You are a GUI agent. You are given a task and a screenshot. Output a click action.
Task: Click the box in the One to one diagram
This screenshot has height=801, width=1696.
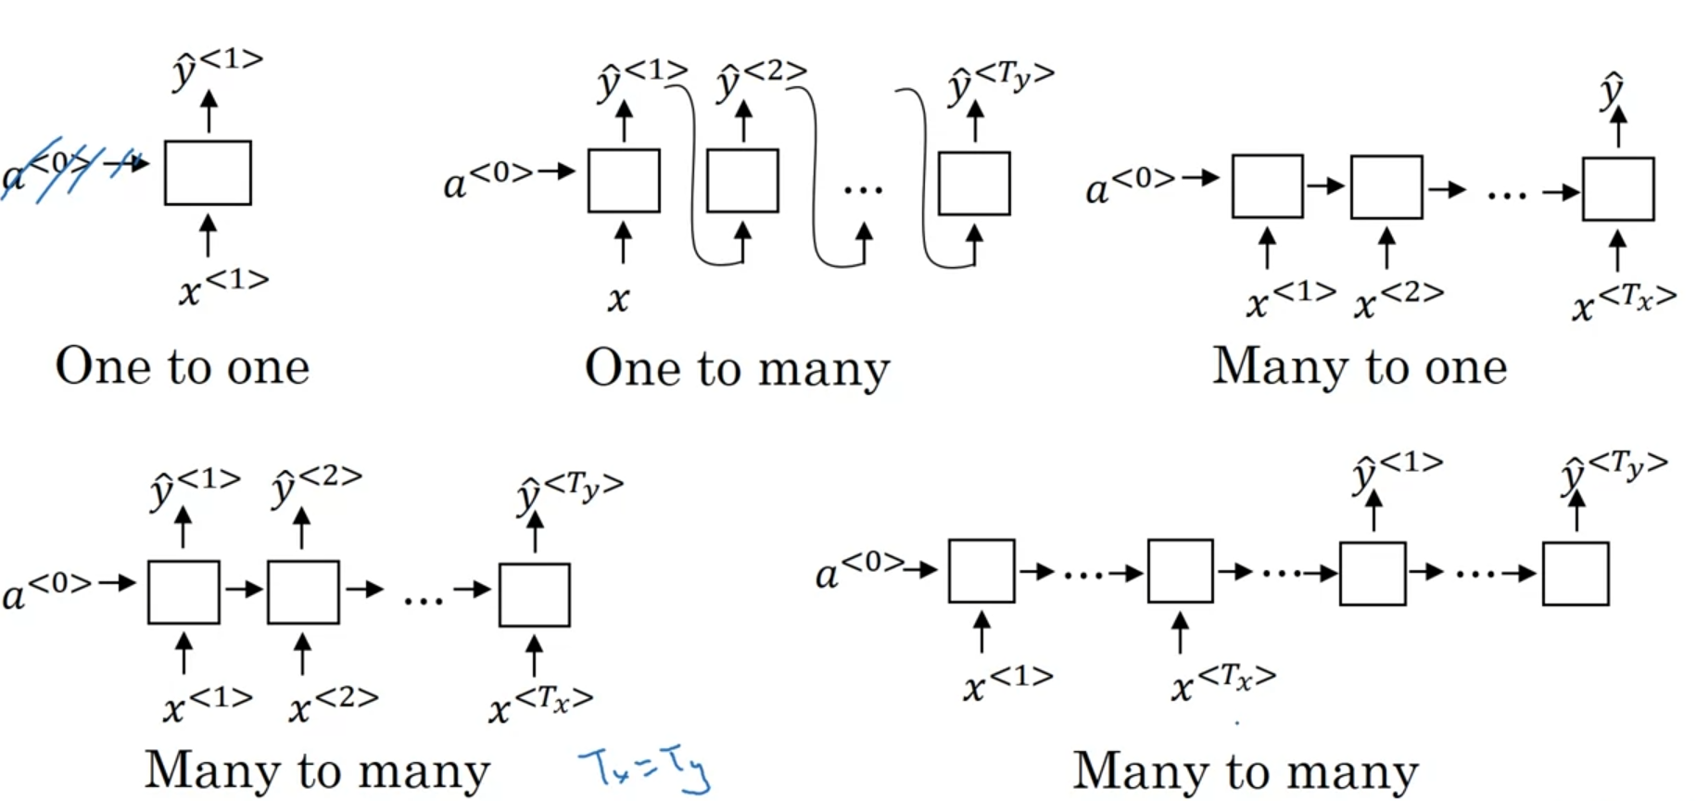point(208,172)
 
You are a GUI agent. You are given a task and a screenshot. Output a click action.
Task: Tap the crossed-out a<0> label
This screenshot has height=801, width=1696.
point(51,170)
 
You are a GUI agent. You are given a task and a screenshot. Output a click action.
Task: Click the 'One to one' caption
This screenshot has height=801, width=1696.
point(183,366)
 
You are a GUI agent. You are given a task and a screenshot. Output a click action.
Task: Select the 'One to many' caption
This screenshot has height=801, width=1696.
point(737,369)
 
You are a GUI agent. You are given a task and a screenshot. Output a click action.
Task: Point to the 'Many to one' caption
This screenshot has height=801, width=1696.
point(1360,366)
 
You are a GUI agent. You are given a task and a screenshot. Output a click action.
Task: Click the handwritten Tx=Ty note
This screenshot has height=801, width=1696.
point(645,769)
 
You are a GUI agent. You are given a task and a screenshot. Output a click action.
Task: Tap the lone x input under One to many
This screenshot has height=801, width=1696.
point(618,299)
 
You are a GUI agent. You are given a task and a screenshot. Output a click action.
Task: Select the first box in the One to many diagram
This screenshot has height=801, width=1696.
point(624,181)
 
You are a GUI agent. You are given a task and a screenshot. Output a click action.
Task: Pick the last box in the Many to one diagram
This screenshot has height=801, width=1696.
point(1618,189)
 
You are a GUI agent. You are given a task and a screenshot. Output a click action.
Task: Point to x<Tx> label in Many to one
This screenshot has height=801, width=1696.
point(1624,302)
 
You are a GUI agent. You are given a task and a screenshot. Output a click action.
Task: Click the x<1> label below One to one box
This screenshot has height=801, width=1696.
point(223,287)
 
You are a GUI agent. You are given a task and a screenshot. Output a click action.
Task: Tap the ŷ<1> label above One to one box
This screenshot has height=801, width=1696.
point(218,67)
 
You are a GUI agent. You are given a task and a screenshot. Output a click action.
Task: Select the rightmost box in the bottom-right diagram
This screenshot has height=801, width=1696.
point(1576,574)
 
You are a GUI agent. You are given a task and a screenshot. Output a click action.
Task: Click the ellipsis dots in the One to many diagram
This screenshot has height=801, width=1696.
point(863,190)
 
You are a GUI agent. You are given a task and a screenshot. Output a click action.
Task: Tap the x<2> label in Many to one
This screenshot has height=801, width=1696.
point(1399,300)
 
